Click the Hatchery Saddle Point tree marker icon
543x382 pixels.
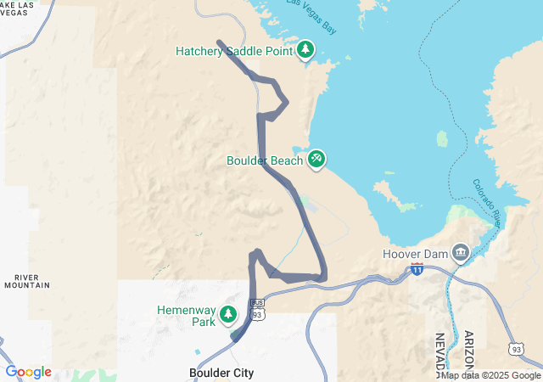pyautogui.click(x=305, y=49)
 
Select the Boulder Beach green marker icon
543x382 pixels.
pyautogui.click(x=316, y=158)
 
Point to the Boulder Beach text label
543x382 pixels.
pyautogui.click(x=265, y=160)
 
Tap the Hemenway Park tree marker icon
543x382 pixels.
pyautogui.click(x=227, y=315)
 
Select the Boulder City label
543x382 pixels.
pyautogui.click(x=221, y=373)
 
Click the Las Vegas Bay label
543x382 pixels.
pyautogui.click(x=311, y=14)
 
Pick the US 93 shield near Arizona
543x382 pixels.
pyautogui.click(x=516, y=349)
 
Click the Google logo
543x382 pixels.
pyautogui.click(x=28, y=372)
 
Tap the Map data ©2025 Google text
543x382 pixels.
pyautogui.click(x=491, y=375)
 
